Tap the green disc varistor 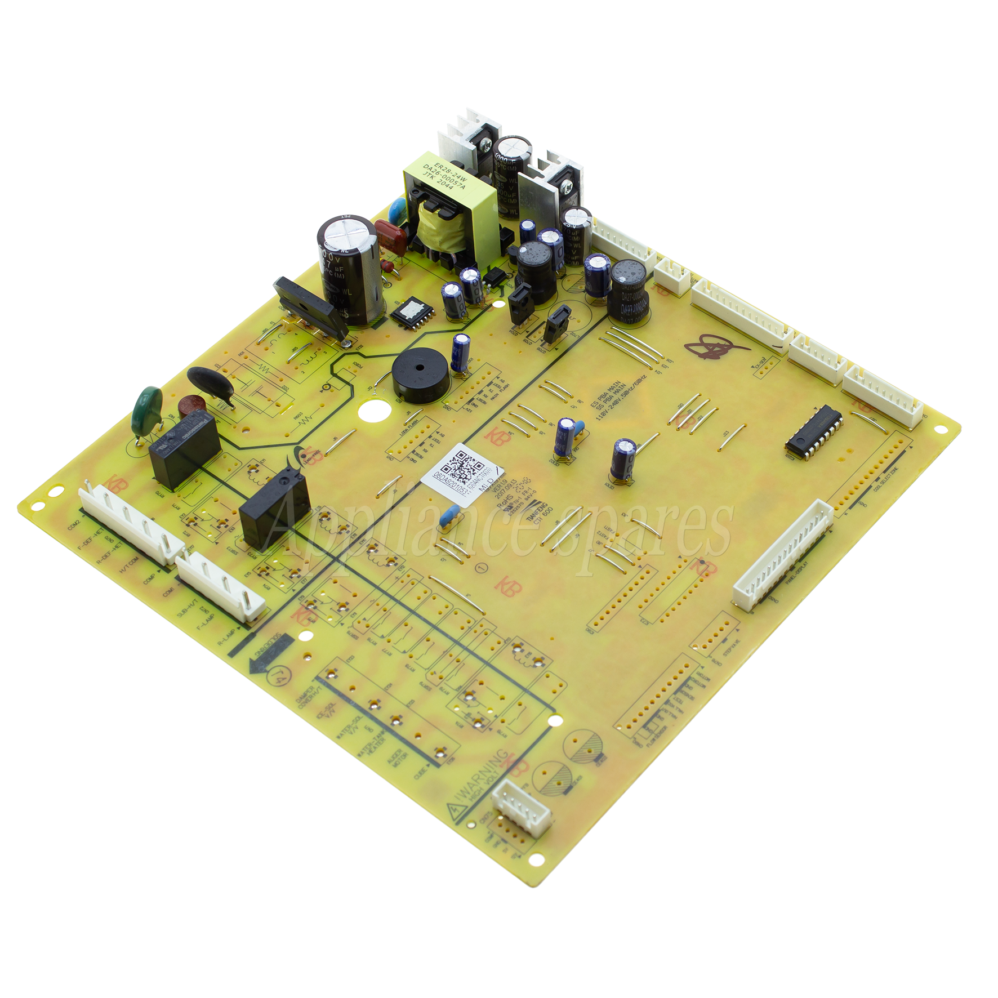point(143,412)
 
